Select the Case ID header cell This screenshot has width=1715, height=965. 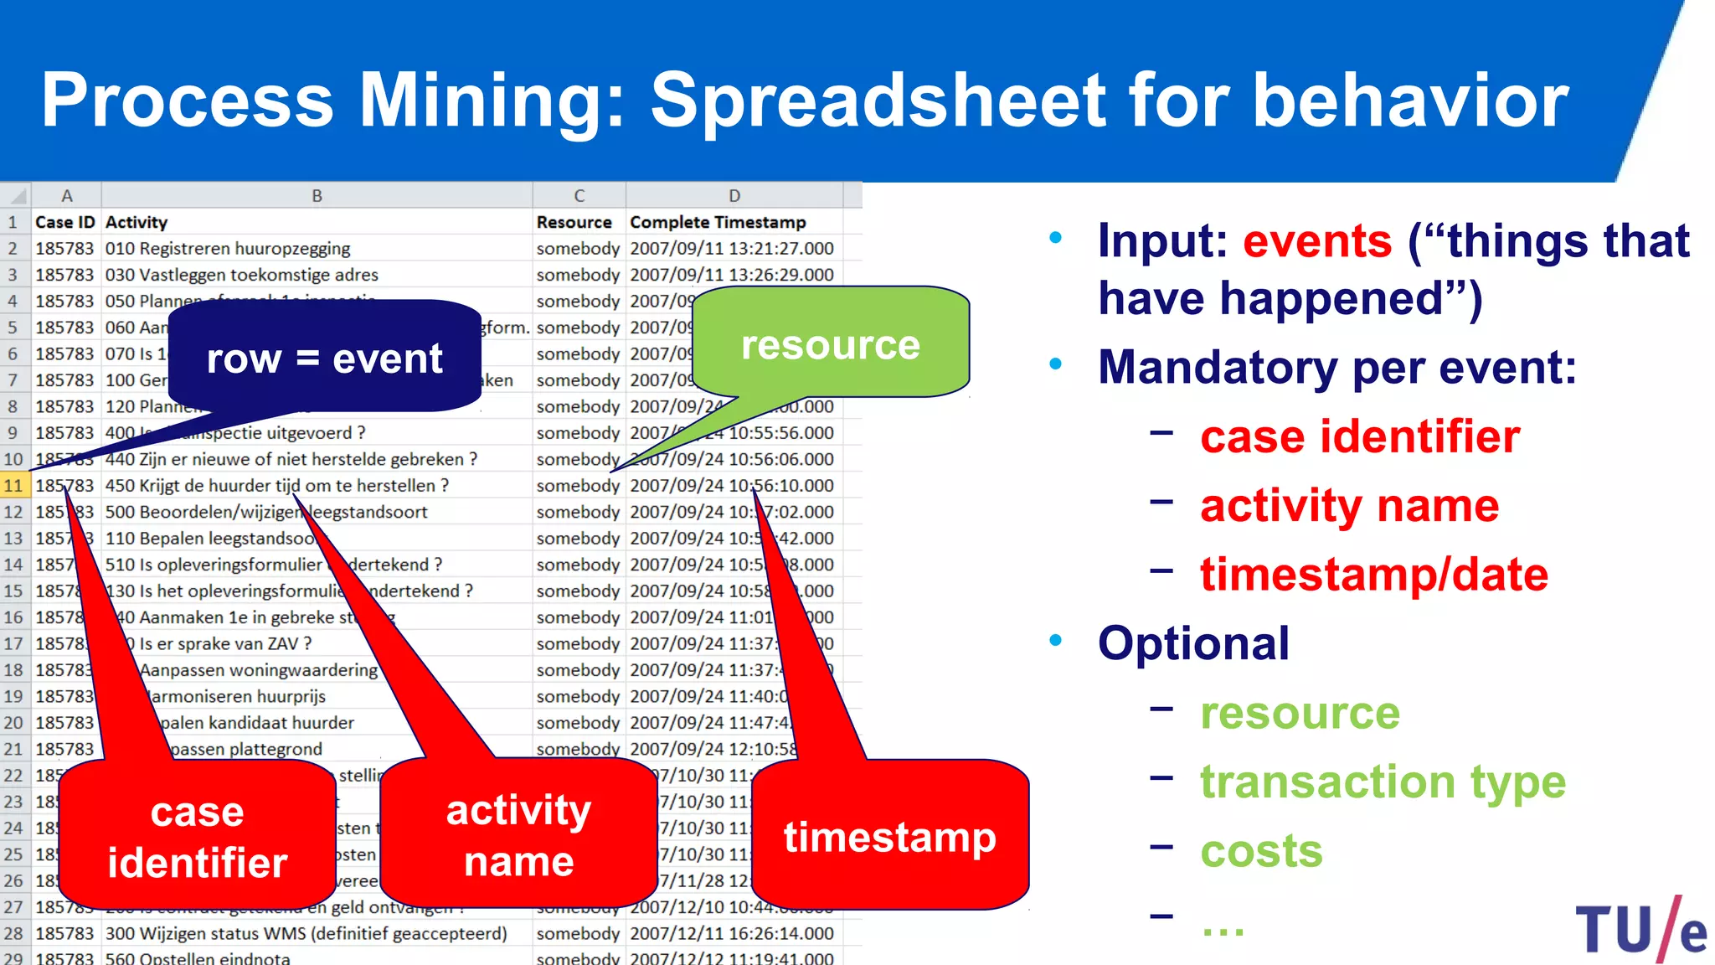tap(64, 222)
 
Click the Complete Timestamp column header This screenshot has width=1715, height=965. tap(718, 222)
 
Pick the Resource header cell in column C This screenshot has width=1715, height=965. tap(574, 222)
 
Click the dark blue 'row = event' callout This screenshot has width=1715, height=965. tap(324, 359)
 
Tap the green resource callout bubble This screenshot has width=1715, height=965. tap(830, 344)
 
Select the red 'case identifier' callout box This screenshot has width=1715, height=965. tap(197, 837)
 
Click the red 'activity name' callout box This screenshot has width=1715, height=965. tap(518, 835)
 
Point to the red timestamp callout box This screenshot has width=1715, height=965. tap(889, 837)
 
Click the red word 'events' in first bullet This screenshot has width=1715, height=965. tap(1316, 241)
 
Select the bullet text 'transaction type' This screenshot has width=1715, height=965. tap(1382, 782)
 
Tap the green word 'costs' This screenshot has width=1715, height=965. tap(1260, 851)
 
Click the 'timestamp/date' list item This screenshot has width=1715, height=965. tap(1373, 575)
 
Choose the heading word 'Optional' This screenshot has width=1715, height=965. tap(1192, 643)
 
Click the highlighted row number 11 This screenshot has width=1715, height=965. tap(13, 486)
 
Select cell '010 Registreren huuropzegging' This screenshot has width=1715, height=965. tap(228, 249)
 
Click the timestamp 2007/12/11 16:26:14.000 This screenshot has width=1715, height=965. tap(731, 933)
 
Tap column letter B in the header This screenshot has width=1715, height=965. tap(317, 196)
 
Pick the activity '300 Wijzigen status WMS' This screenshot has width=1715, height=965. tap(306, 933)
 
